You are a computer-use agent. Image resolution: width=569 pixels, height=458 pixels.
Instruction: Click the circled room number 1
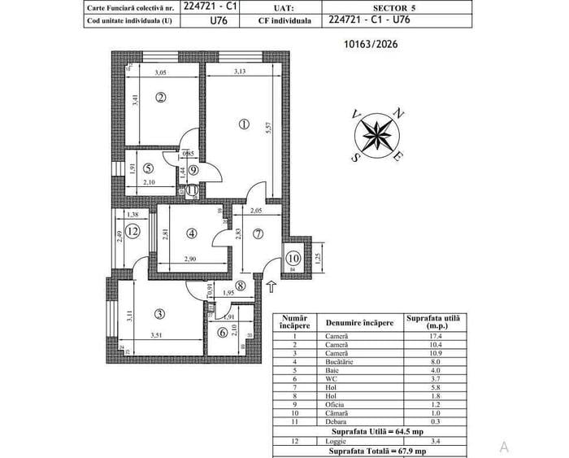click(x=244, y=125)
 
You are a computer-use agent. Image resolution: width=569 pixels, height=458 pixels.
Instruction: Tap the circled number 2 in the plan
click(x=161, y=98)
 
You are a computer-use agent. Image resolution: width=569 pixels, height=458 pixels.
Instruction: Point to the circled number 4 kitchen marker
click(x=192, y=233)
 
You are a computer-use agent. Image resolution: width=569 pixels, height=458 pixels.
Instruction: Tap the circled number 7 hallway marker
click(x=258, y=235)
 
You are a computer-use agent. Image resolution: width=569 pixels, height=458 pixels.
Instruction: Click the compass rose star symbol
click(x=377, y=133)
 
